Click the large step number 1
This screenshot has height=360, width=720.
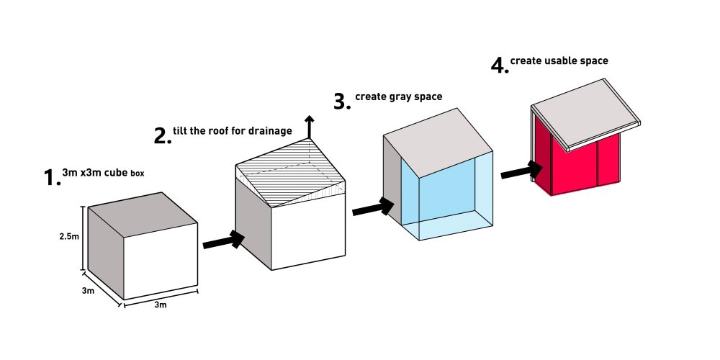(50, 178)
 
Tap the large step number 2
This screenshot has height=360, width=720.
(161, 136)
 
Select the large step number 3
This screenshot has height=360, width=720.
(341, 102)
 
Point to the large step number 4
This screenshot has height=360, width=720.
(499, 66)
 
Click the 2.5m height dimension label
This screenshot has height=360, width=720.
(69, 237)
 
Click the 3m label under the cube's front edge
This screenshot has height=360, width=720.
(161, 305)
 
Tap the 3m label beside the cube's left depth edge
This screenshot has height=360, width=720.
(89, 291)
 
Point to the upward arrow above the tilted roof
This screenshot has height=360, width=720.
(310, 127)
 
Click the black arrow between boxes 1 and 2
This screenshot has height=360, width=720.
(224, 240)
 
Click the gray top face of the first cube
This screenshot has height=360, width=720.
(143, 215)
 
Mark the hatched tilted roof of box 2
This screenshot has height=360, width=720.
(290, 173)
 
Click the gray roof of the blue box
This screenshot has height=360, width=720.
(438, 142)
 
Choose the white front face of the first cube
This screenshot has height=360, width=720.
(161, 261)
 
